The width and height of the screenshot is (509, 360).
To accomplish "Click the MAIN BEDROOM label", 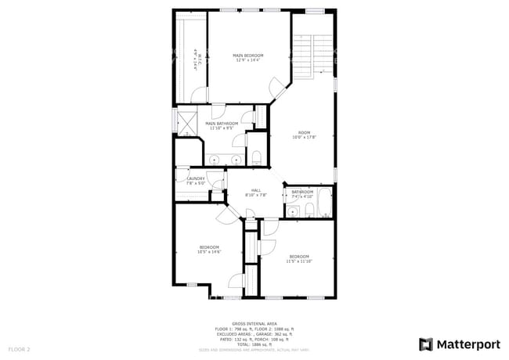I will point(248,56).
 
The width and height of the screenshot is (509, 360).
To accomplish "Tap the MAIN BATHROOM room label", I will point(222,124).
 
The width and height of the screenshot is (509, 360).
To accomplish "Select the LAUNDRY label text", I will point(196,178).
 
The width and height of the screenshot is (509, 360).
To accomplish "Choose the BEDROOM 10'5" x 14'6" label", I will point(209,247).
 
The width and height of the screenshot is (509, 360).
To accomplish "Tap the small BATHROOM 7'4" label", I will point(302,192).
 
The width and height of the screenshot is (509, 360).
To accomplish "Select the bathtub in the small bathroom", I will point(324,202).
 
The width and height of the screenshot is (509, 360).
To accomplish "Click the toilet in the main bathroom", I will point(256,157).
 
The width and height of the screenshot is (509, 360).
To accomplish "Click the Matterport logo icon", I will point(426,344).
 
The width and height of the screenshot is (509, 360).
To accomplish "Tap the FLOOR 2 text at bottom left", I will point(20,348).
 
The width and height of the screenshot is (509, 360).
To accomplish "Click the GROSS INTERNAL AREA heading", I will point(254,322).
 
